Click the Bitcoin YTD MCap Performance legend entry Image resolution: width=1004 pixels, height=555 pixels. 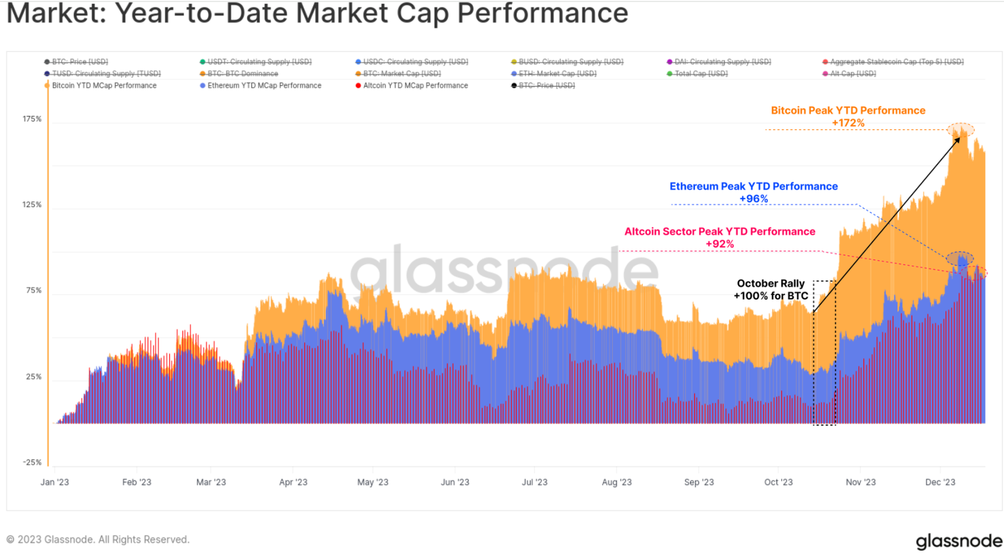click(104, 86)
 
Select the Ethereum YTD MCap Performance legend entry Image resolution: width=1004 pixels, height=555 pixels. click(264, 86)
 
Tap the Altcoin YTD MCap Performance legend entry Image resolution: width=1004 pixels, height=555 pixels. click(415, 86)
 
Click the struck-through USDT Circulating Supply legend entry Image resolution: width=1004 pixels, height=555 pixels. click(259, 62)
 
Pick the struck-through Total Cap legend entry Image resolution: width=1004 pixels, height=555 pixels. click(700, 74)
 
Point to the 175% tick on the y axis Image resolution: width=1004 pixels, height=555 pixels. click(32, 119)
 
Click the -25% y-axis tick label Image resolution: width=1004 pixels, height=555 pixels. click(32, 462)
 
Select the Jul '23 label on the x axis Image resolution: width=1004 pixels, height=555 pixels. click(534, 482)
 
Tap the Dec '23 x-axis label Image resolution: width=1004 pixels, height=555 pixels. click(940, 482)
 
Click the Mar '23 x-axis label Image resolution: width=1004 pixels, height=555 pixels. click(211, 482)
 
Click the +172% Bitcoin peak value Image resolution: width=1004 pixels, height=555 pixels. click(848, 123)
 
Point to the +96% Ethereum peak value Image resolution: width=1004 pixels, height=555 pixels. click(753, 199)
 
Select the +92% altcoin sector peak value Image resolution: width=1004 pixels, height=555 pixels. click(720, 244)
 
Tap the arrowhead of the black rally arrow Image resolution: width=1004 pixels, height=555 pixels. click(957, 139)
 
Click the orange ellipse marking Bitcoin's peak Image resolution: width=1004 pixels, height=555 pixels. click(961, 129)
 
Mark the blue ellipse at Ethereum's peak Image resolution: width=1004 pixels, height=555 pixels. click(960, 259)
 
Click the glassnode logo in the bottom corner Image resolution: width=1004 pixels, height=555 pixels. click(958, 541)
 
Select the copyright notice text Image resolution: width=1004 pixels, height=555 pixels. click(98, 539)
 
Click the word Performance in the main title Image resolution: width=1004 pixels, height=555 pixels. click(542, 13)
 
